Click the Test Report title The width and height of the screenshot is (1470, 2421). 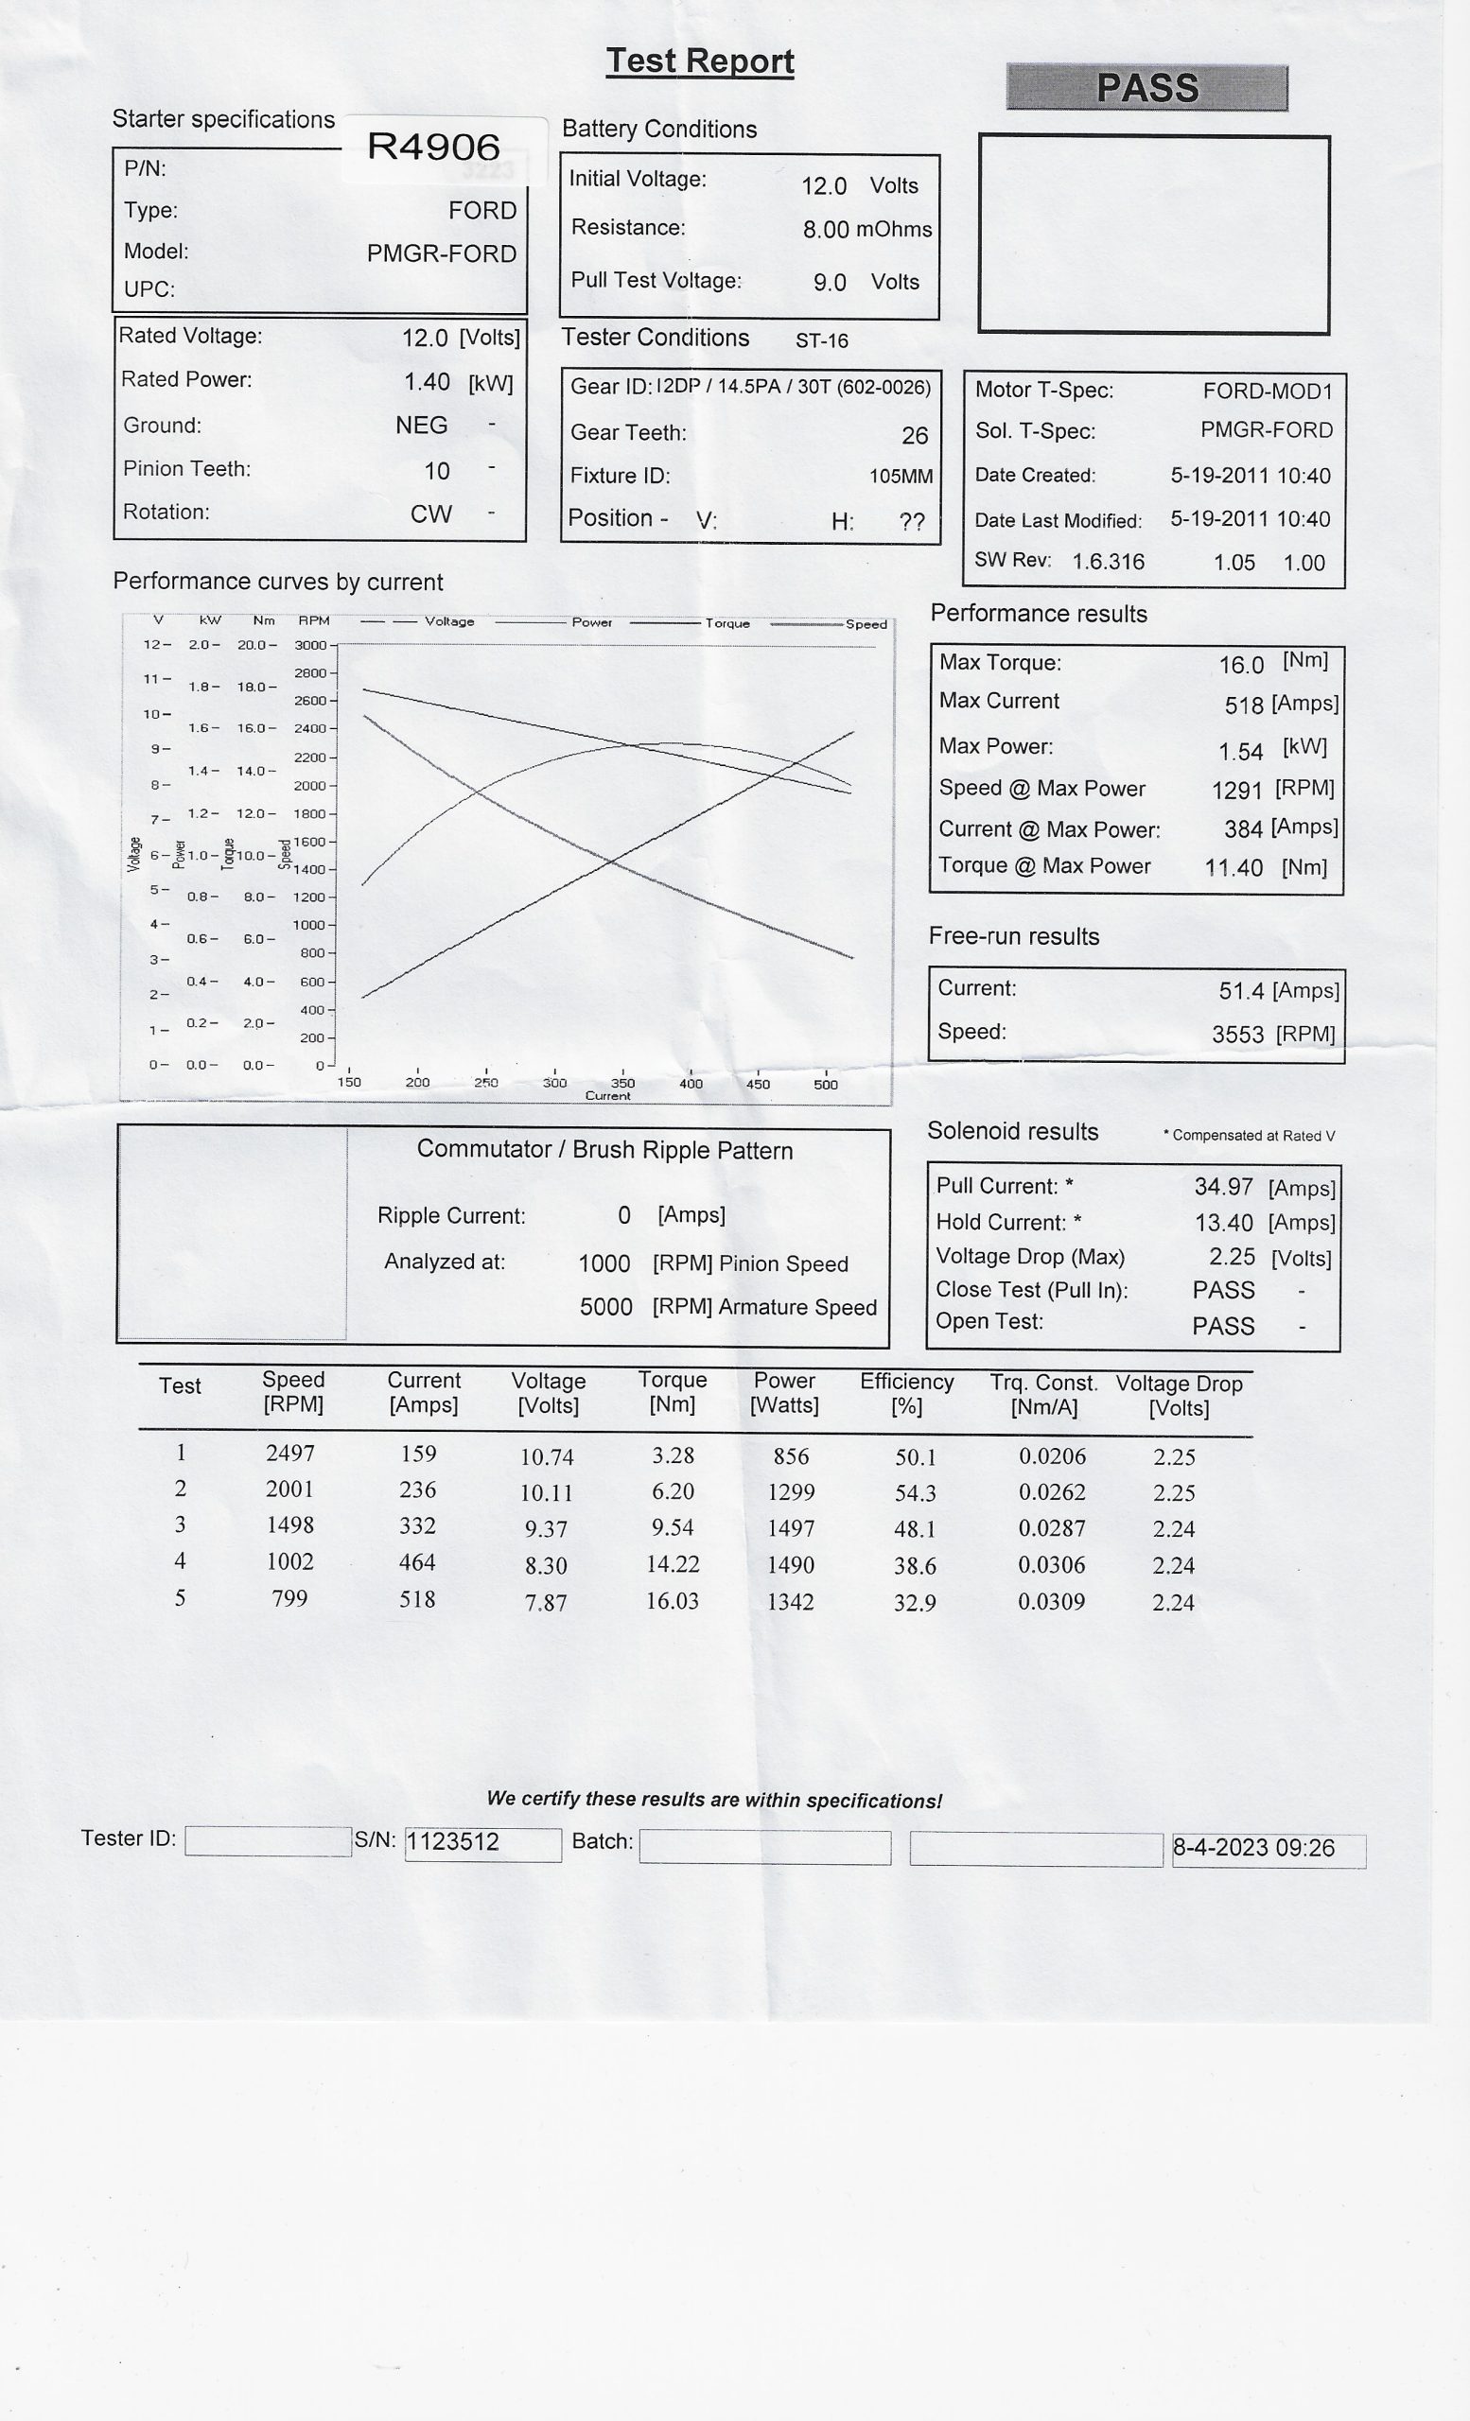point(700,61)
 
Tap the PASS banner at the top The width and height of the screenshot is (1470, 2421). point(1146,87)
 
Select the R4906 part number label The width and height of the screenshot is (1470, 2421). point(433,147)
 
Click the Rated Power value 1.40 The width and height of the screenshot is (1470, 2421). point(427,382)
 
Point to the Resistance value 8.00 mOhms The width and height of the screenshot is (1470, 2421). point(866,229)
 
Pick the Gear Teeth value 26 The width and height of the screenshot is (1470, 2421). point(914,435)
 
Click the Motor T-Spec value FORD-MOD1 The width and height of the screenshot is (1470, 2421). point(1267,392)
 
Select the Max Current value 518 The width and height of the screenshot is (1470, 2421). point(1243,705)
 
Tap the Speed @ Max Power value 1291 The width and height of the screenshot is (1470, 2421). point(1236,790)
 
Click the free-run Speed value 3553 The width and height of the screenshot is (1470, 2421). point(1237,1034)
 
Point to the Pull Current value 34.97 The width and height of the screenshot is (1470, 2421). point(1223,1187)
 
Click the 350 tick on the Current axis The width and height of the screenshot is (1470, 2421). point(622,1083)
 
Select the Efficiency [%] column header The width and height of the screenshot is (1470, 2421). point(906,1393)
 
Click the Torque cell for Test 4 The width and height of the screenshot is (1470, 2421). point(673,1563)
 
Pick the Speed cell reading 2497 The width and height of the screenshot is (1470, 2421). point(289,1454)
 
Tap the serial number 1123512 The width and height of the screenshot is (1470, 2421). point(453,1841)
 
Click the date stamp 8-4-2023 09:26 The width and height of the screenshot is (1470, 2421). point(1252,1847)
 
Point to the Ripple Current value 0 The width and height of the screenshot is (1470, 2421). point(624,1215)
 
